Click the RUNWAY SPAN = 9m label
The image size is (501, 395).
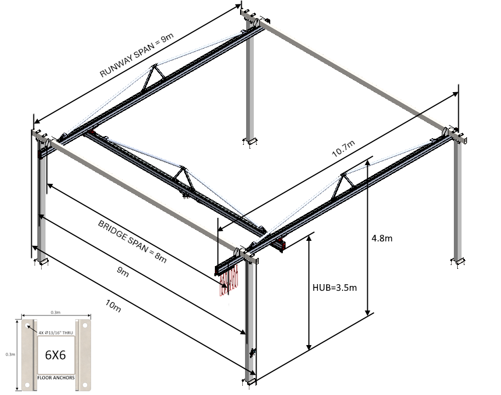[136, 55]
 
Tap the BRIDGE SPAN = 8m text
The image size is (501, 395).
[132, 241]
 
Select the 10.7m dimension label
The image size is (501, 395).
[344, 149]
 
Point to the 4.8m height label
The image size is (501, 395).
[382, 238]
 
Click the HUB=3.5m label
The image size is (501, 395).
[334, 287]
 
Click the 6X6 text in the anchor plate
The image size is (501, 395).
[55, 355]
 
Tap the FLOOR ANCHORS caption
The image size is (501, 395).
[56, 378]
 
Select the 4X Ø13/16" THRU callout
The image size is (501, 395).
[55, 332]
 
